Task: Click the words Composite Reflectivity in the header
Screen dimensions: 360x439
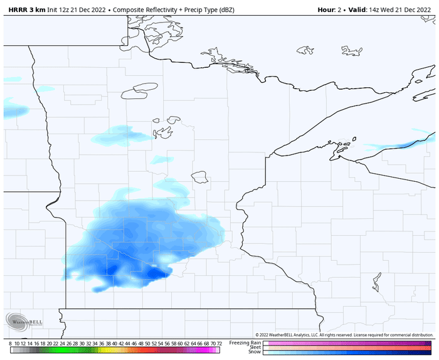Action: [147, 11]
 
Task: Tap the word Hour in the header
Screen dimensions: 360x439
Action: [326, 11]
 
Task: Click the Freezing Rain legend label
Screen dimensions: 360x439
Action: [245, 342]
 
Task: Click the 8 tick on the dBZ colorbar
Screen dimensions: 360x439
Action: [11, 343]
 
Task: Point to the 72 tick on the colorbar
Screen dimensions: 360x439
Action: [218, 343]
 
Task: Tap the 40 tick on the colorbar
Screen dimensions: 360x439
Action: [115, 343]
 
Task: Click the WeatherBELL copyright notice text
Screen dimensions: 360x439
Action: [345, 335]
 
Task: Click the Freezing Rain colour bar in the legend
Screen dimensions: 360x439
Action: [348, 342]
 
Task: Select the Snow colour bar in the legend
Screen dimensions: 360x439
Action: [348, 352]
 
